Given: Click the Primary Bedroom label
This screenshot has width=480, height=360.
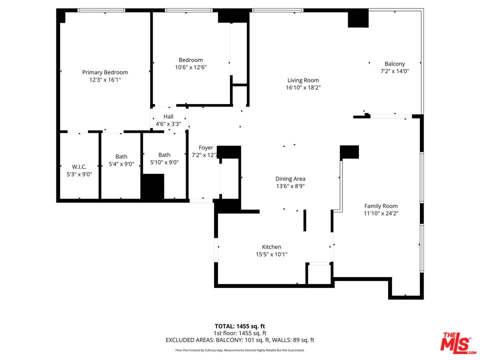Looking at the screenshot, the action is [x=105, y=72].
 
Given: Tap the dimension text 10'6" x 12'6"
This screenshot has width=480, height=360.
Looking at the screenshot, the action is [x=190, y=67].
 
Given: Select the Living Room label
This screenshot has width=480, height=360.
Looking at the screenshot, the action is [x=303, y=80].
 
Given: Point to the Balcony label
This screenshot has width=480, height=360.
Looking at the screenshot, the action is [x=394, y=63].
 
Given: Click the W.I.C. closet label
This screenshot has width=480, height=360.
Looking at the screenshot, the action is [x=79, y=167].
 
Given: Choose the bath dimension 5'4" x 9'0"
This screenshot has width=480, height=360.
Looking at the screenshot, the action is [x=121, y=164].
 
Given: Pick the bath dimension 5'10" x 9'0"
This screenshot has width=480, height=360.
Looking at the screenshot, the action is [x=164, y=162].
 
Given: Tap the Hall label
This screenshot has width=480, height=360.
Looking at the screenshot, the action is [x=168, y=116].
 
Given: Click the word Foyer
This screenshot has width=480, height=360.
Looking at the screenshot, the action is [x=206, y=148].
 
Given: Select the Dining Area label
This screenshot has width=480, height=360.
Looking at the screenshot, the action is [x=290, y=179].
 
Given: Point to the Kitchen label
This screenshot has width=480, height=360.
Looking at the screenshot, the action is [x=271, y=247].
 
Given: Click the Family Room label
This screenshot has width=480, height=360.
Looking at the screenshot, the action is [x=381, y=206].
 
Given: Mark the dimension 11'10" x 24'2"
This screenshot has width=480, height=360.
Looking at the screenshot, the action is [x=381, y=213].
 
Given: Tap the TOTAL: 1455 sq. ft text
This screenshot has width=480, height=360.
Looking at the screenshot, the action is [x=239, y=326].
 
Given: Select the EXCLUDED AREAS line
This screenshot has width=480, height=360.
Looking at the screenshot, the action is [x=239, y=340].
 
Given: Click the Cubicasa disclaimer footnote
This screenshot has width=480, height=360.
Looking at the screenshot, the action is [x=239, y=350].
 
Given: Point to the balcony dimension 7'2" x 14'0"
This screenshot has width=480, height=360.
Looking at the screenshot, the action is [x=394, y=71].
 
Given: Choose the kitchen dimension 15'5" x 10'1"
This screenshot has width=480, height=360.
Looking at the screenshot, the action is [x=271, y=254].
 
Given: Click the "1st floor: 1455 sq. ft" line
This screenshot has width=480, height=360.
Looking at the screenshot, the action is [x=239, y=333].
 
